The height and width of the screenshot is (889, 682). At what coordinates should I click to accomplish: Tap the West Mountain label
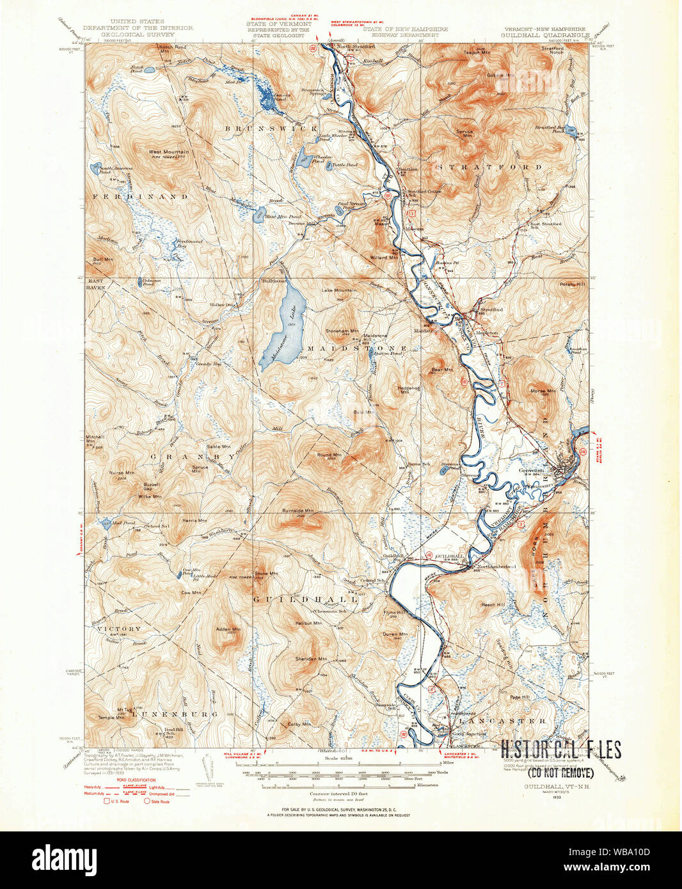point(168,152)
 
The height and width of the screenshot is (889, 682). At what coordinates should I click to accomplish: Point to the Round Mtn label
point(329,455)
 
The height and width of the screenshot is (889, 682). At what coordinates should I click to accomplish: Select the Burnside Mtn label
point(298,511)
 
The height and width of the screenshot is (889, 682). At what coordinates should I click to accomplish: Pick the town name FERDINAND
point(140,197)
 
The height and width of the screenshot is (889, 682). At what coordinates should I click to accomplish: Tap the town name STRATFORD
point(489,167)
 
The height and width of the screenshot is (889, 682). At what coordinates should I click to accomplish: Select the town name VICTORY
point(118,629)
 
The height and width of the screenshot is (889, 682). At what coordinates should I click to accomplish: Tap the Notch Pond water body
point(148,70)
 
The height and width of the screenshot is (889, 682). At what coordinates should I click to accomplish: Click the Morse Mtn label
point(542,391)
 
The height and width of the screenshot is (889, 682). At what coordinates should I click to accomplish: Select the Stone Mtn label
point(266,573)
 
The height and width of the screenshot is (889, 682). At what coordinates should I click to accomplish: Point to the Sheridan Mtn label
point(312,658)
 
